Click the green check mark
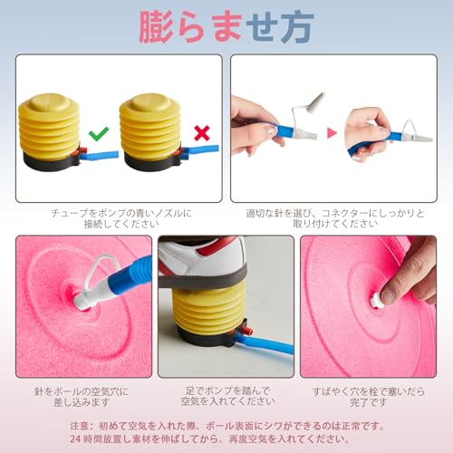click(x=99, y=134)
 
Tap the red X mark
click(x=202, y=133)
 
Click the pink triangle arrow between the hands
click(x=332, y=133)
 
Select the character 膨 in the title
click(x=156, y=26)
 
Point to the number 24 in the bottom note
click(x=75, y=439)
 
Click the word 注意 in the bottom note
click(x=79, y=426)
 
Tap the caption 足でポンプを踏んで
click(x=227, y=390)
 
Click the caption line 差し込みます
click(x=81, y=402)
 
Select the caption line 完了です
click(x=369, y=402)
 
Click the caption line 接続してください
click(x=121, y=224)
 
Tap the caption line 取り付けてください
click(x=335, y=224)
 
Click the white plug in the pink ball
click(x=377, y=301)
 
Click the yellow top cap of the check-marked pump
click(x=49, y=102)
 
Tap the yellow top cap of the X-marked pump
click(x=149, y=102)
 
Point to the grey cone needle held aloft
click(x=317, y=102)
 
